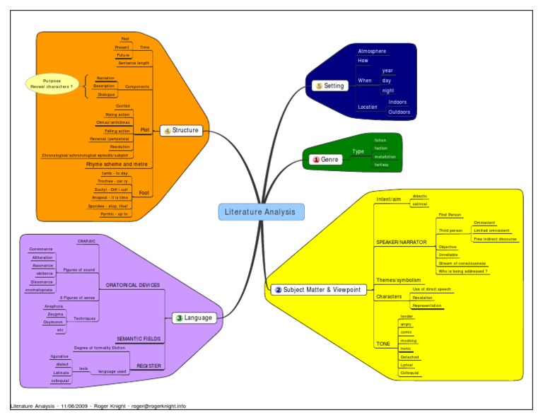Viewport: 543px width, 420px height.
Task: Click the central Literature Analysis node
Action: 262,211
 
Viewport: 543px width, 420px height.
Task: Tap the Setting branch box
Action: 330,86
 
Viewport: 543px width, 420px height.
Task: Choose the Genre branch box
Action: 326,160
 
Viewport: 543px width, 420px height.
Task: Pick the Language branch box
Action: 194,317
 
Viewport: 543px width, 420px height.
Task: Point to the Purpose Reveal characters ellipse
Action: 52,83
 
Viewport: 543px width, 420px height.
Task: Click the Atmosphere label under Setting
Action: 372,52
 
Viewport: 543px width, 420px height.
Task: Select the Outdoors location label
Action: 399,112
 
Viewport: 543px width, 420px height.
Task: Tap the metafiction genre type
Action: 385,156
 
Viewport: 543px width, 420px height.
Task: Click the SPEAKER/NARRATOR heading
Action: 401,242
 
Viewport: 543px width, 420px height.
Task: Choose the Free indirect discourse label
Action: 495,239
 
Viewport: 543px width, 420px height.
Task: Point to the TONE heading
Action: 383,344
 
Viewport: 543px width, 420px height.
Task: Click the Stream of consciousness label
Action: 462,263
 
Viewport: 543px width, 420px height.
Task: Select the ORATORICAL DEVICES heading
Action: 132,285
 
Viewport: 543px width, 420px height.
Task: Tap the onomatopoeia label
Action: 41,290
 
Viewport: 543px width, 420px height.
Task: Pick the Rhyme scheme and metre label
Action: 117,163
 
